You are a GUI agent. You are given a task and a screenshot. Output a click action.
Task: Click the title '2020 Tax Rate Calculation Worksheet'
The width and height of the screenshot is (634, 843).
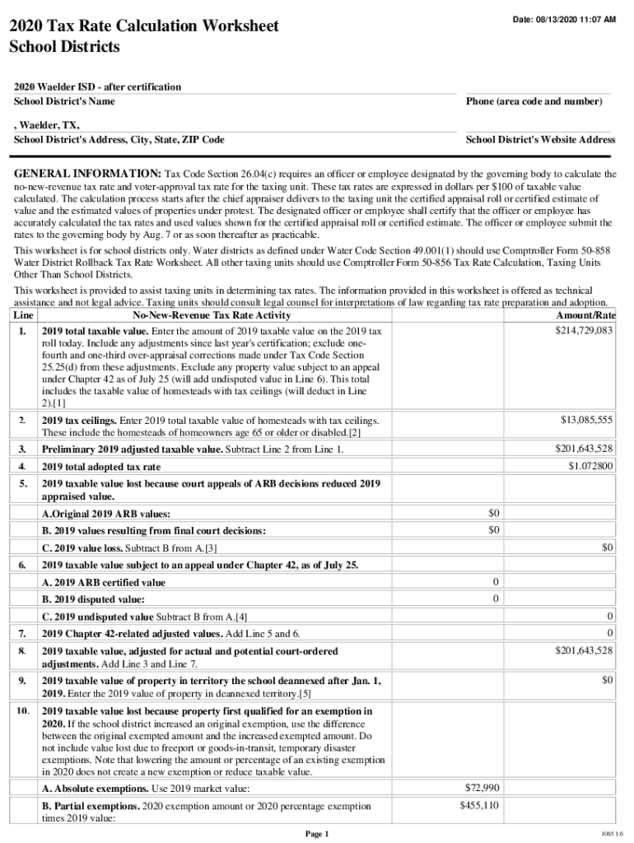(143, 27)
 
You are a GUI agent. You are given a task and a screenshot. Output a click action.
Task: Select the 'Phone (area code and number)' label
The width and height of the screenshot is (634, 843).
(534, 101)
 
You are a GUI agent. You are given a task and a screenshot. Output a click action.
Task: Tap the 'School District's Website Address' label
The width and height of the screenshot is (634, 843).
(540, 140)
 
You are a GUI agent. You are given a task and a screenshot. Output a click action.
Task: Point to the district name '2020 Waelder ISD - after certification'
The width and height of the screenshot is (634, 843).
(97, 87)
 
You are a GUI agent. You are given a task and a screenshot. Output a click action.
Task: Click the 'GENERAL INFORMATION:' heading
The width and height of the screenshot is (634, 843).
(87, 175)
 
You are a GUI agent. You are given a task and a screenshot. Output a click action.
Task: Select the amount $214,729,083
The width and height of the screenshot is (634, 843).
(585, 330)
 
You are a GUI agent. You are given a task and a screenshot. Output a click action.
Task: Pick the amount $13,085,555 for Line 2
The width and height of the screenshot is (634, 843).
(587, 420)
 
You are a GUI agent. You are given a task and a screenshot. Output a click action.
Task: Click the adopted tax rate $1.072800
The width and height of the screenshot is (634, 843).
(590, 466)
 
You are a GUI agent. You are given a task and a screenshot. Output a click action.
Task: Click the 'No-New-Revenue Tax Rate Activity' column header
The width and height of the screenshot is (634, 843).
(211, 316)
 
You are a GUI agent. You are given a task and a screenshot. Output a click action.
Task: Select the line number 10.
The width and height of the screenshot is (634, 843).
(23, 710)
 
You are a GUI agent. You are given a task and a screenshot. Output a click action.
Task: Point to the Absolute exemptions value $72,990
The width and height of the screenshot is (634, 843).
(482, 789)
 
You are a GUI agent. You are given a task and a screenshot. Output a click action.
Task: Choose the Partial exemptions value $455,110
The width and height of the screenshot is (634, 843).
(478, 806)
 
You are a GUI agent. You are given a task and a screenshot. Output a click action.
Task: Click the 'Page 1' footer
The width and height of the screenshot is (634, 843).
(317, 834)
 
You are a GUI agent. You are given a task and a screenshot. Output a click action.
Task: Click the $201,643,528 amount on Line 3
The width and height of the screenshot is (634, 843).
(584, 449)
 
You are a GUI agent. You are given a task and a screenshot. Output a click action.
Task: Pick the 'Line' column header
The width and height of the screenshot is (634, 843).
(24, 316)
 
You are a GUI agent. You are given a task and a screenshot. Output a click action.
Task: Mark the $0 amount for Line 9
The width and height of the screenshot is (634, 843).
(607, 681)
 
